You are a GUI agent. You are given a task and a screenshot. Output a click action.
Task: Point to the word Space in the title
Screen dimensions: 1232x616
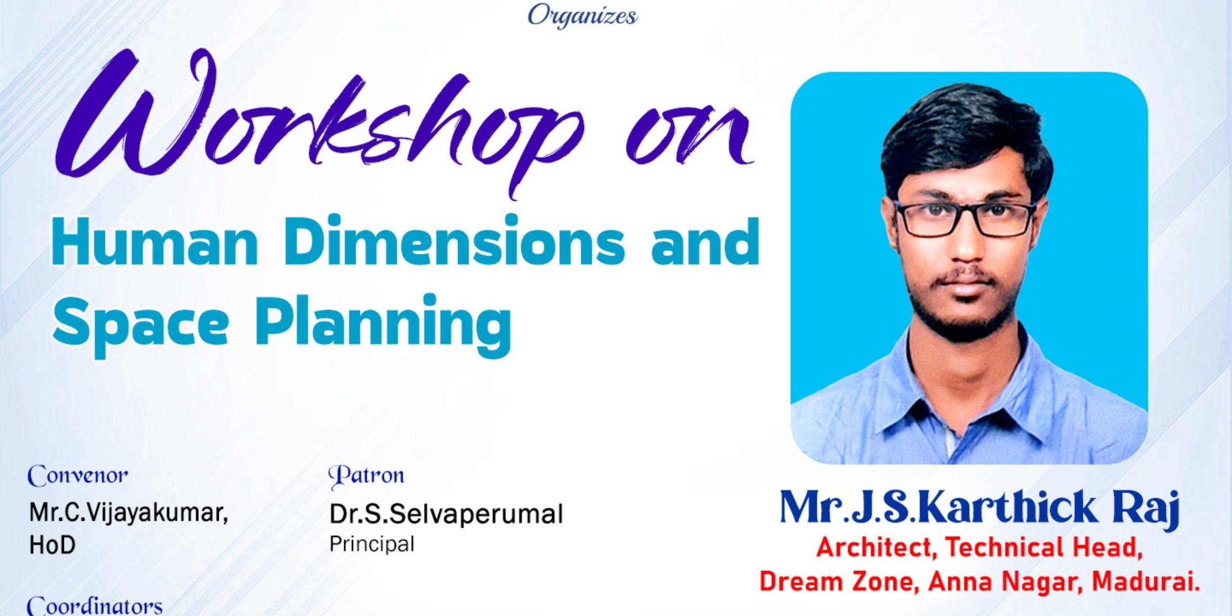(140, 321)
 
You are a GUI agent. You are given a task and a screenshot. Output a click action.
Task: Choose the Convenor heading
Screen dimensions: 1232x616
(78, 475)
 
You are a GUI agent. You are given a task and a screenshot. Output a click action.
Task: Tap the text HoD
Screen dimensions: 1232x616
(52, 545)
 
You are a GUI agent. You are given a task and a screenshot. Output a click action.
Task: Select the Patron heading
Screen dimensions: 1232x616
(366, 475)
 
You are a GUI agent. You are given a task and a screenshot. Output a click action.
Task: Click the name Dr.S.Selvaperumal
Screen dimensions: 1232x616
(446, 514)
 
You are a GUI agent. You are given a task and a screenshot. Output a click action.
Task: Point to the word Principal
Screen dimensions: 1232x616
(372, 544)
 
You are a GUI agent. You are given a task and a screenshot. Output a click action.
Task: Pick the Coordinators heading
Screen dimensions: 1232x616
(95, 606)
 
